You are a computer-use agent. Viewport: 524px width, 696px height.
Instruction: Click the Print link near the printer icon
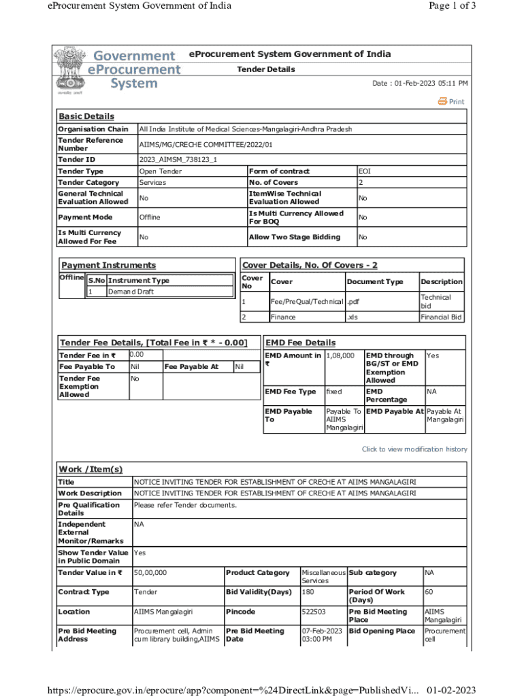tap(456, 102)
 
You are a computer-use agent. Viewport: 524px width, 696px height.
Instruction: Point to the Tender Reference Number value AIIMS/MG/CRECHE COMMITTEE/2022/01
tap(206, 144)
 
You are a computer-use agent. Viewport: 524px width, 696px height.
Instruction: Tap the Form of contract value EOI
tap(364, 171)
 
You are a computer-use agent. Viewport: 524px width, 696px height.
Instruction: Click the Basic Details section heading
tap(86, 116)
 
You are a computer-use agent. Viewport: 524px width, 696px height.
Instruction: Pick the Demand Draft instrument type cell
tap(131, 292)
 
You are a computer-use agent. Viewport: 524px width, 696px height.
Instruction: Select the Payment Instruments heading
tap(108, 265)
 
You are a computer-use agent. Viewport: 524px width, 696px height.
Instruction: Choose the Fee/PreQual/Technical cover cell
tap(306, 301)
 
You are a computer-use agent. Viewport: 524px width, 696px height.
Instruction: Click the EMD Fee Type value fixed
tap(333, 391)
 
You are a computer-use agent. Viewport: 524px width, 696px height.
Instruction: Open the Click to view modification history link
tap(414, 449)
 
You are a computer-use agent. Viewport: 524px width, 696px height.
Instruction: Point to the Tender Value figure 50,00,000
tap(151, 573)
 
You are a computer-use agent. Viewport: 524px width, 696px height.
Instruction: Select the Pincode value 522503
tap(313, 612)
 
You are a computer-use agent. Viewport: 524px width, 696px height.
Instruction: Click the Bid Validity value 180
tap(308, 592)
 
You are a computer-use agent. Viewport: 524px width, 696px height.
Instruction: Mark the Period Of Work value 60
tap(429, 592)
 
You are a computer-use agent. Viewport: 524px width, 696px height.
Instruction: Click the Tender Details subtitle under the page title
tap(265, 69)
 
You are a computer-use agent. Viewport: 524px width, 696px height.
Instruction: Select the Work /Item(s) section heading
tap(91, 469)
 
